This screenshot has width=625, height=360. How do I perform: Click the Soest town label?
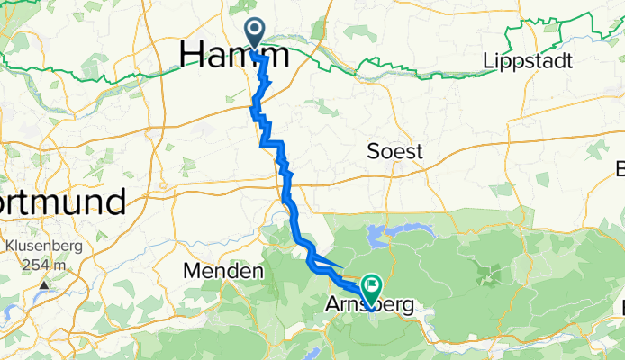(394, 152)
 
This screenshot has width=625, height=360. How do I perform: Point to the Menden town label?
(222, 270)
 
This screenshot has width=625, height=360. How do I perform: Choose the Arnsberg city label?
(369, 308)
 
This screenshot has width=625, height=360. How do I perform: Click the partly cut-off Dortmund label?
(63, 201)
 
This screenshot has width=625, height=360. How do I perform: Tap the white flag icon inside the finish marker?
(370, 287)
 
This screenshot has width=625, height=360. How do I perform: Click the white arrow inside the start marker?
(256, 31)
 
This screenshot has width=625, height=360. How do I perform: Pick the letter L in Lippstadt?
(487, 61)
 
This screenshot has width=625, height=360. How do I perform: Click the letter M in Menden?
(191, 270)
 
